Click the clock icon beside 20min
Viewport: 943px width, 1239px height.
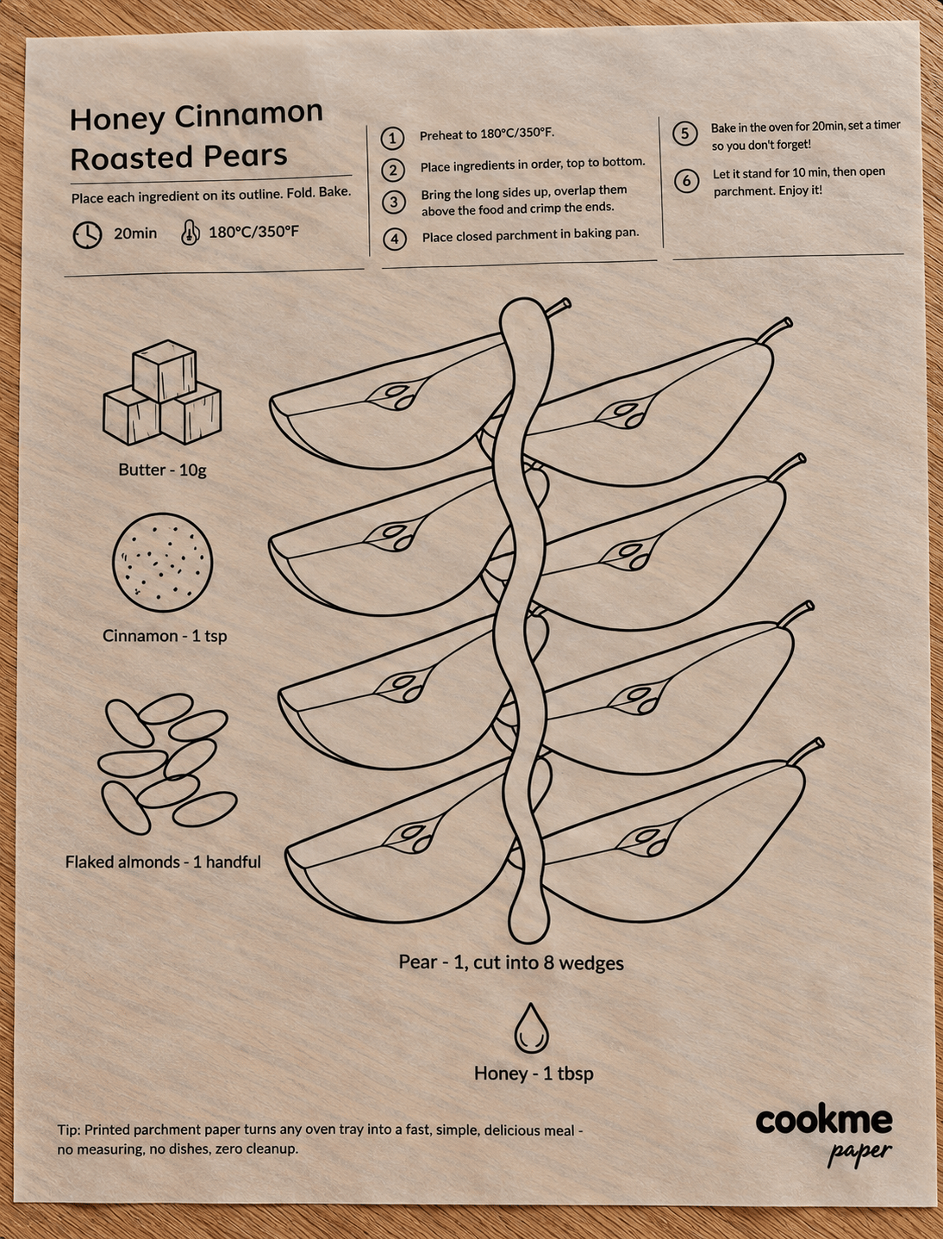tap(88, 235)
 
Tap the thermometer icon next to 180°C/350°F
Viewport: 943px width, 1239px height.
tap(190, 232)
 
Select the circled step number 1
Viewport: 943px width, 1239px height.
tap(392, 139)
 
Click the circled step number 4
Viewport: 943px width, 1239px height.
tap(395, 240)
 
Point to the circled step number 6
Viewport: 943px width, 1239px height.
tap(687, 181)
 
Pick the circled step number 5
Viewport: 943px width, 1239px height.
tap(685, 134)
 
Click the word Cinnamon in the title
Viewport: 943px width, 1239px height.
tap(248, 114)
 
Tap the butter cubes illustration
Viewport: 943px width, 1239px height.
tap(162, 392)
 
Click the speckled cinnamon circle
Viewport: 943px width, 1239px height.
tap(163, 563)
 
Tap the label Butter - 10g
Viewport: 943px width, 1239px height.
tap(163, 470)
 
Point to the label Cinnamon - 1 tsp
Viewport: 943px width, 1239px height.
tap(165, 636)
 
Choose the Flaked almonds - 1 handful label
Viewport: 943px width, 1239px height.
tap(163, 862)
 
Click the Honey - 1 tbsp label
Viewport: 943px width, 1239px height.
tap(534, 1073)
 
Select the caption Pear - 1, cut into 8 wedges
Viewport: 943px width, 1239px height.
tap(511, 962)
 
